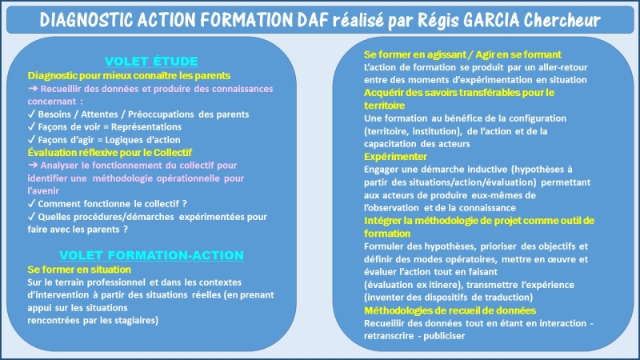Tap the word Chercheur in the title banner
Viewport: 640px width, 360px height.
click(x=562, y=19)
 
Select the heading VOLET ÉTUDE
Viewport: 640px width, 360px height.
click(x=151, y=62)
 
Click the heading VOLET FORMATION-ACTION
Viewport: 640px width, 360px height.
click(x=151, y=255)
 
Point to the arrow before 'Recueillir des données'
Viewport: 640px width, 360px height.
click(x=33, y=88)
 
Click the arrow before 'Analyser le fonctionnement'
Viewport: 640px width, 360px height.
click(x=33, y=165)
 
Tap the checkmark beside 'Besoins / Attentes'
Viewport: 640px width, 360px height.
click(x=31, y=114)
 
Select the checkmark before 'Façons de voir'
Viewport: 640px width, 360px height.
click(x=31, y=126)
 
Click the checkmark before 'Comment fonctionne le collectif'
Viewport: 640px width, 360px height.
click(x=31, y=203)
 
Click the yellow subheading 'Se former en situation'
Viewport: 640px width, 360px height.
click(x=79, y=270)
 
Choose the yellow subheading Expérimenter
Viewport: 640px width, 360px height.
click(x=395, y=156)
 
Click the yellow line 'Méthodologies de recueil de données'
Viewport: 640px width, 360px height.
click(x=450, y=310)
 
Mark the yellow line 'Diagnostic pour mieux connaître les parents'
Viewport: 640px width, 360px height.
click(x=129, y=75)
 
